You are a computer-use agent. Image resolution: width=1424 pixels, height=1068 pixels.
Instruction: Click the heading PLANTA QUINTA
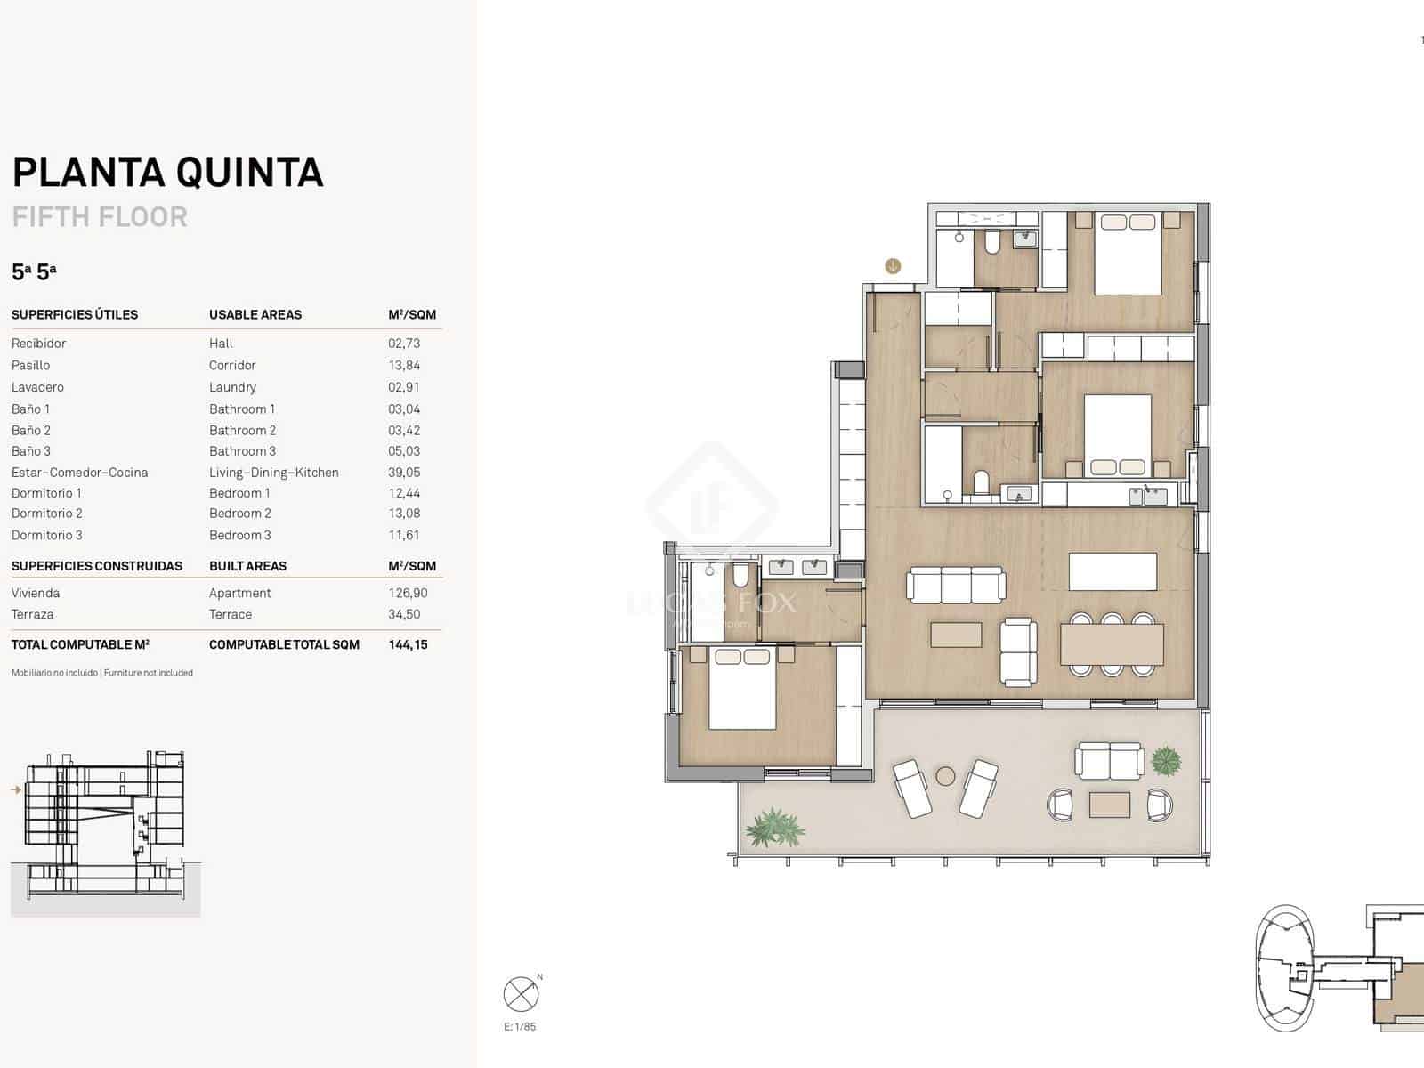(167, 173)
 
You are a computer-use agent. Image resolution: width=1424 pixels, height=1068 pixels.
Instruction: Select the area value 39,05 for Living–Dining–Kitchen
(404, 473)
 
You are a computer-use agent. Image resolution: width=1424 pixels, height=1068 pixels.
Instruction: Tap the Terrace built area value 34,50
(404, 614)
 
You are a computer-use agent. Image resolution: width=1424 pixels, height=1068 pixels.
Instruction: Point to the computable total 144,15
(408, 644)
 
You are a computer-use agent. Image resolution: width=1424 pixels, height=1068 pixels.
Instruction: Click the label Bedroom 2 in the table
(240, 514)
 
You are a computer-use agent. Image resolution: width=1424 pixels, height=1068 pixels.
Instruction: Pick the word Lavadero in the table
(37, 387)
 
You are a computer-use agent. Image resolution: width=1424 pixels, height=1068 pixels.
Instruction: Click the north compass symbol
(521, 994)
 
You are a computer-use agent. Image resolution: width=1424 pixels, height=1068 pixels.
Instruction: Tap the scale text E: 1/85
(520, 1027)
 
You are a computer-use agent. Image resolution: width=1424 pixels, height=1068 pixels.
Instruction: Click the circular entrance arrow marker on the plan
(893, 265)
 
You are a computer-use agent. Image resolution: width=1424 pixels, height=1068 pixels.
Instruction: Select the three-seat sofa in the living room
(956, 586)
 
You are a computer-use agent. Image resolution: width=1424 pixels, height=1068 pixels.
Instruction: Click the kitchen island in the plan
(1112, 571)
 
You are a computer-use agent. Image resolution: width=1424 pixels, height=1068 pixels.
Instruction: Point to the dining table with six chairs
(1112, 644)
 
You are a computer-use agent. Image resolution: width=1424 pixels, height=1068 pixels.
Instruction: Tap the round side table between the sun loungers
(945, 776)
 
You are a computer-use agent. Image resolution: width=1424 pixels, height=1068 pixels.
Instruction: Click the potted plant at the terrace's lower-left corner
(774, 828)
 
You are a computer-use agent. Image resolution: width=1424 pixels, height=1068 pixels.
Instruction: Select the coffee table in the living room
(956, 635)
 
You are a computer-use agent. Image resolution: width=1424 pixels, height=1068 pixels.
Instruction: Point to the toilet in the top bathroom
(992, 241)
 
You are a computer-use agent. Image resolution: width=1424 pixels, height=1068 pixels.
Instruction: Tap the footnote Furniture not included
(149, 673)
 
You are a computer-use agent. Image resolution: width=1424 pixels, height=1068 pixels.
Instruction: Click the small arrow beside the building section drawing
(16, 789)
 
